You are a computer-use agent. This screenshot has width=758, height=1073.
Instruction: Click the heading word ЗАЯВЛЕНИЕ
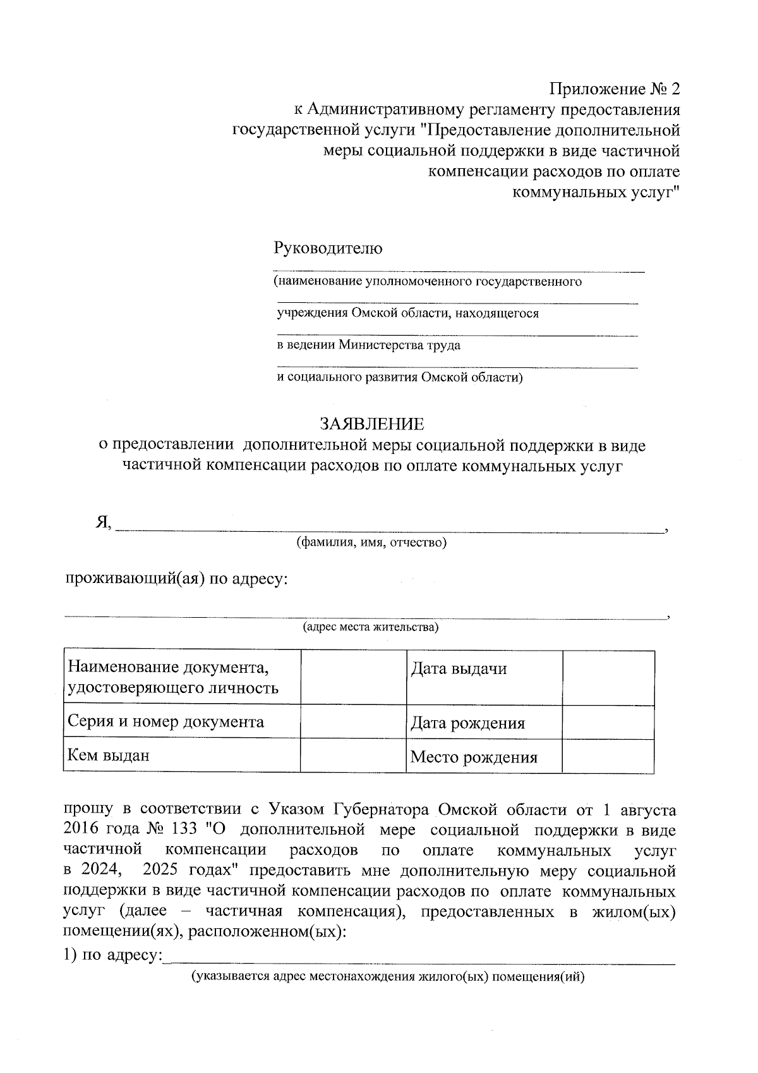tap(371, 424)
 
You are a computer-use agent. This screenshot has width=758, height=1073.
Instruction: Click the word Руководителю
tap(328, 248)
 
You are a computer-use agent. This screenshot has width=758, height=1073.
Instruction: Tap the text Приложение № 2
tap(615, 89)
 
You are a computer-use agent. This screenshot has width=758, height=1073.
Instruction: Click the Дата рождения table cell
tap(483, 723)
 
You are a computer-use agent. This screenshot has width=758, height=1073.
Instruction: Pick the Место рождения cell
tap(483, 757)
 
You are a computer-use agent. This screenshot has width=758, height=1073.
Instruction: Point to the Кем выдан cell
tap(181, 756)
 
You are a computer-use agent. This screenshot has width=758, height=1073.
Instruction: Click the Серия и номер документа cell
tap(181, 722)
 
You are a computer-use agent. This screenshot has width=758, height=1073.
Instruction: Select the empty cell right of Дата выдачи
tap(608, 677)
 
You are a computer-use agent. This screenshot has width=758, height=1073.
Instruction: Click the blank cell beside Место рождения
tap(608, 756)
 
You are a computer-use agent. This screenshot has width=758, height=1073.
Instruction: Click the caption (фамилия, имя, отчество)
tap(372, 543)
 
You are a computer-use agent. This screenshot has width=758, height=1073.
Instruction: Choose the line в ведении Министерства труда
tap(369, 345)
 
